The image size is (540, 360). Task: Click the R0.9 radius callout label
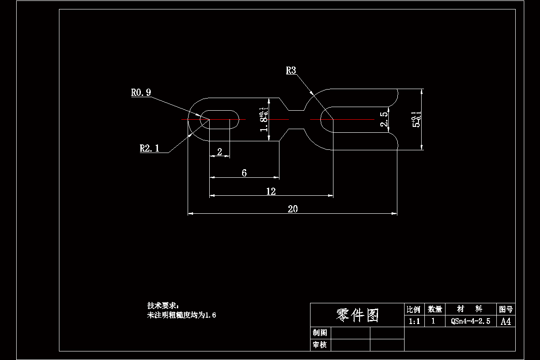141,93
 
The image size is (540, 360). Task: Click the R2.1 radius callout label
149,148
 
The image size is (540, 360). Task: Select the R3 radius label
291,70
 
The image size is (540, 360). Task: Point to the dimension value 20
292,209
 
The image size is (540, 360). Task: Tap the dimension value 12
270,191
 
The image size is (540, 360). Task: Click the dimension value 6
244,173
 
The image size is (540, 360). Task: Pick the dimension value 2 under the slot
220,152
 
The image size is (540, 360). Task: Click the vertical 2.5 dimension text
384,120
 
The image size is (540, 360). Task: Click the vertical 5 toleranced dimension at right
416,120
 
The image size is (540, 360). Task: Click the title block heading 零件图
357,315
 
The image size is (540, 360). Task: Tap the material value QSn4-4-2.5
470,321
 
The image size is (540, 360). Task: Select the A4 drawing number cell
506,321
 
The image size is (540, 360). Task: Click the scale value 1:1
414,321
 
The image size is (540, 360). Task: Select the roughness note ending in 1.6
182,315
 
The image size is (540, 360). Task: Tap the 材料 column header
470,309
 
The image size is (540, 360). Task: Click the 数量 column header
435,309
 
